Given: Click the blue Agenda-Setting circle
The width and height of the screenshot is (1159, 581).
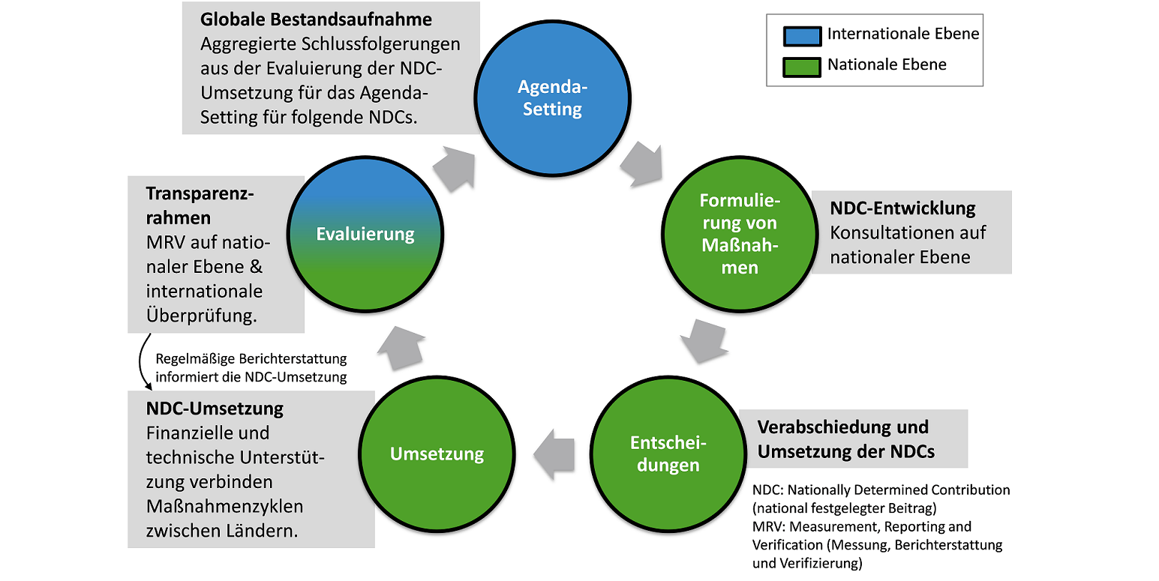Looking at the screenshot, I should (x=553, y=98).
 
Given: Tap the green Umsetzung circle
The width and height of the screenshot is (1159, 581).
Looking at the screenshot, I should (x=437, y=454).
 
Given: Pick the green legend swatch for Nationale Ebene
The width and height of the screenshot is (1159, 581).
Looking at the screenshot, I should (x=801, y=66).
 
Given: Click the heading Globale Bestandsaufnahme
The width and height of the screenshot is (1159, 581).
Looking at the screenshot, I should (x=305, y=19).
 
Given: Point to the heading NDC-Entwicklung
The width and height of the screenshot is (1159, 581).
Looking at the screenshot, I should (x=902, y=208).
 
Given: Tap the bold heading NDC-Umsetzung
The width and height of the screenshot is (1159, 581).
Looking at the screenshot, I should (x=215, y=409).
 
